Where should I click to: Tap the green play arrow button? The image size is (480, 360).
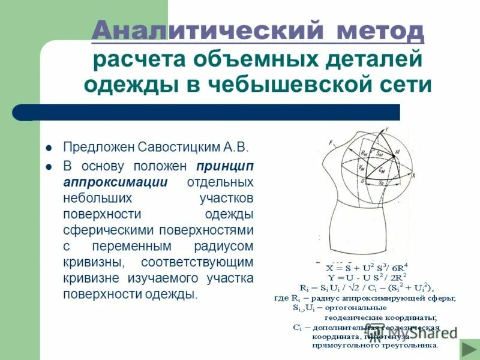[x=468, y=349]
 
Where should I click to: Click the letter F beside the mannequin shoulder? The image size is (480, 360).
[x=331, y=142]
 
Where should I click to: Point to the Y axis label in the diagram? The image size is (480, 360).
[x=386, y=129]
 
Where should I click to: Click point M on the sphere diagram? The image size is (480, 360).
[x=396, y=155]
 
